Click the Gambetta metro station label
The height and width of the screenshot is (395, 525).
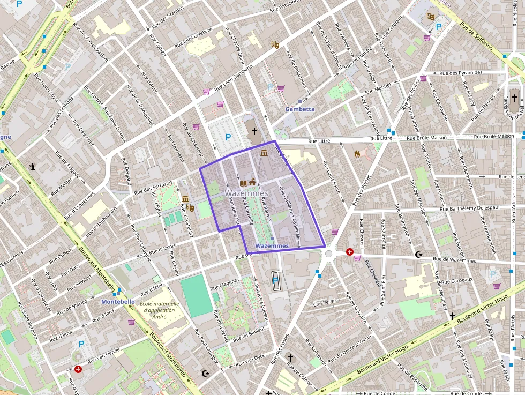click(x=300, y=109)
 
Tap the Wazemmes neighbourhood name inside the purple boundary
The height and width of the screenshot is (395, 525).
click(x=246, y=193)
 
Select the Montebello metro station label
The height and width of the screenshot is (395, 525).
click(x=118, y=302)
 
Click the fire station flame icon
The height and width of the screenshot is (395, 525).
click(x=357, y=153)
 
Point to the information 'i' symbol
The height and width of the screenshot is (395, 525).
click(x=33, y=167)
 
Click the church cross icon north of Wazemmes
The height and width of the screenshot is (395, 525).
click(x=254, y=131)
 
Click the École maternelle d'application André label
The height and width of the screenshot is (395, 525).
click(x=156, y=310)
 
